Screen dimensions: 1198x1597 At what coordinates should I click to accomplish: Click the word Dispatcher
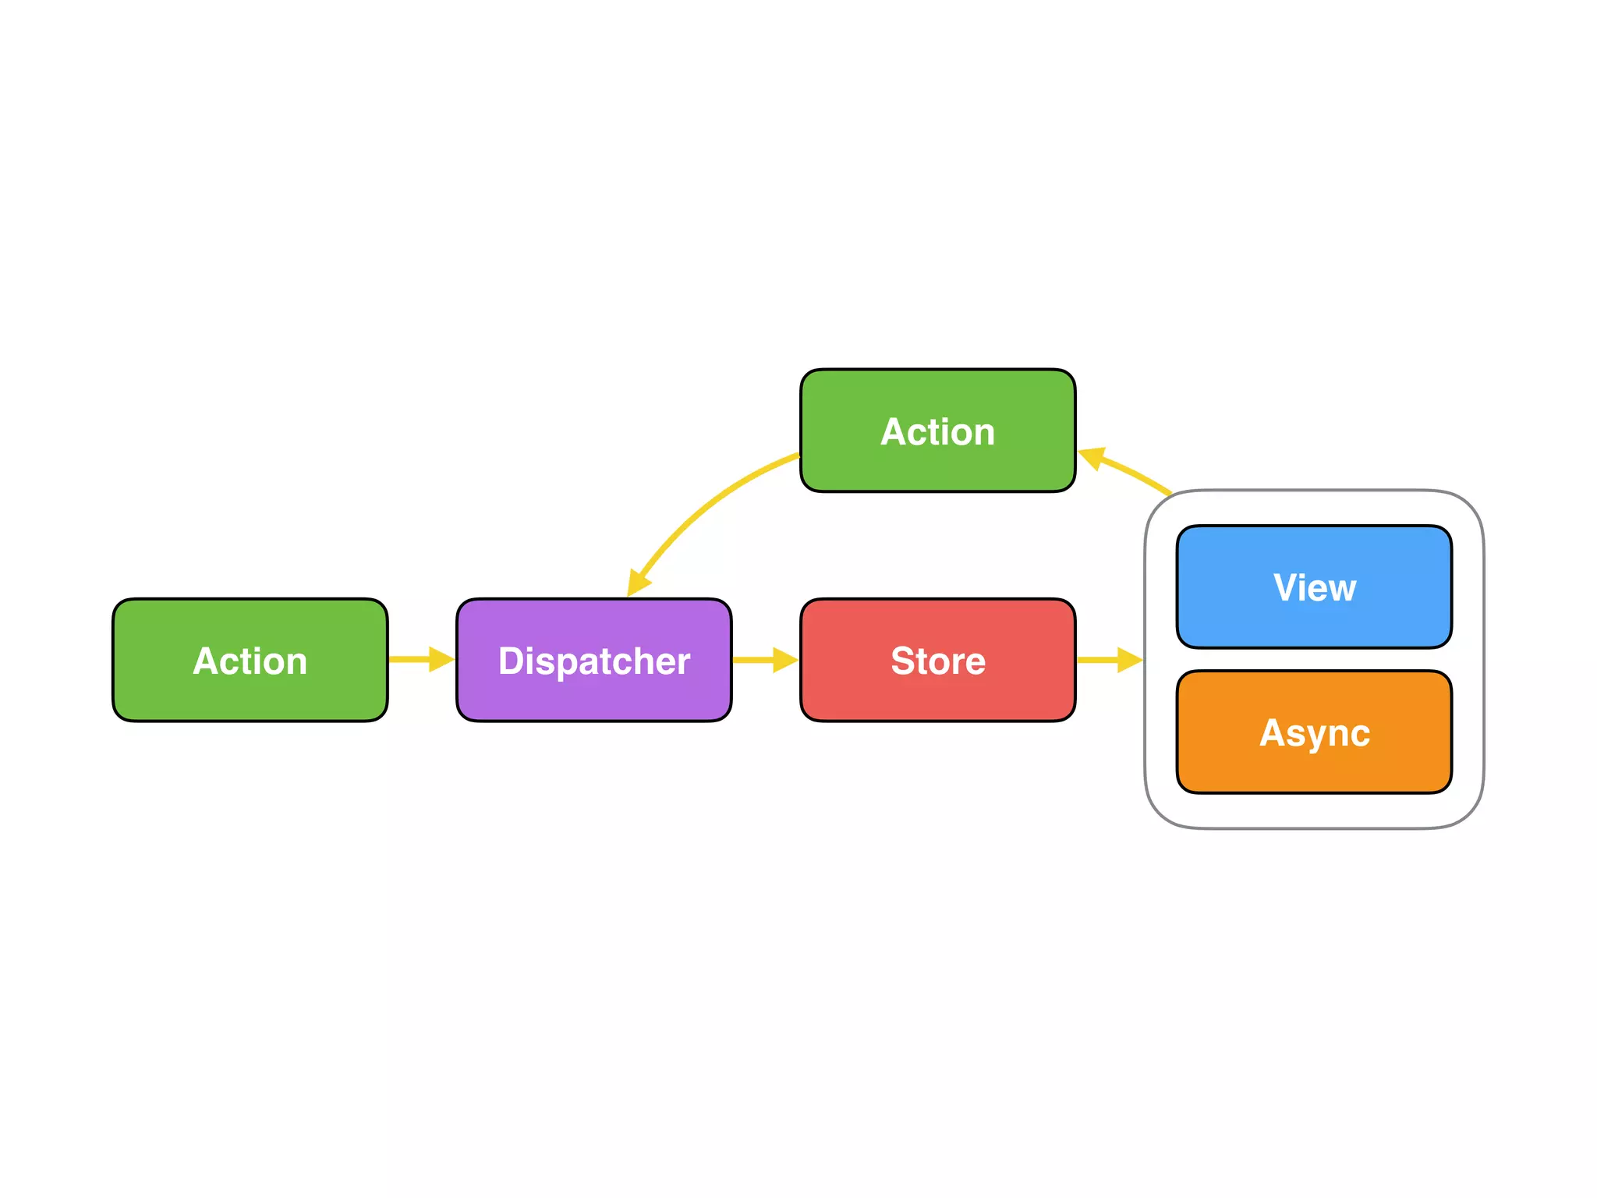pyautogui.click(x=593, y=661)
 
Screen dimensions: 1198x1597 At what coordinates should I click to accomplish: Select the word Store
pyautogui.click(x=937, y=661)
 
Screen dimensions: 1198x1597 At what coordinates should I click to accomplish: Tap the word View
pyautogui.click(x=1314, y=588)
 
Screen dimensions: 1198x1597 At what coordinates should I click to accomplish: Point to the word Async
pyautogui.click(x=1314, y=733)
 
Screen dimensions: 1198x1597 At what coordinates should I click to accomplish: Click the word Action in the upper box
pyautogui.click(x=937, y=432)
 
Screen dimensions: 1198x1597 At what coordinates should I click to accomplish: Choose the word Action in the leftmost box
pyautogui.click(x=250, y=661)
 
